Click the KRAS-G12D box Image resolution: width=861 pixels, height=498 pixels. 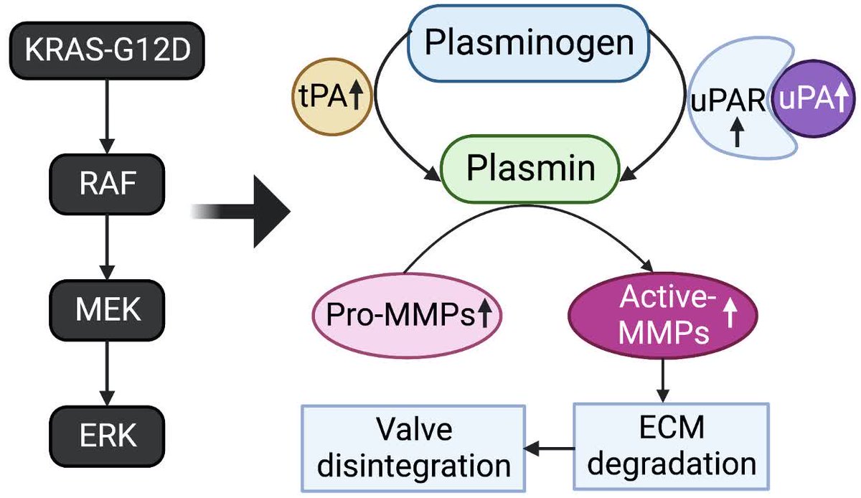[107, 50]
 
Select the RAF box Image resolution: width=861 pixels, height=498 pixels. [107, 184]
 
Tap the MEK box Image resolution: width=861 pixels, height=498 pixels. [107, 310]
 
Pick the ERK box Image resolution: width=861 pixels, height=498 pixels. [107, 436]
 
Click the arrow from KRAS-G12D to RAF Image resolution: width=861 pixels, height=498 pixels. [107, 116]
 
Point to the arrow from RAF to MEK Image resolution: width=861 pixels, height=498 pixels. [107, 247]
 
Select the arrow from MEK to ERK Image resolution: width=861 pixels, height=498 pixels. [107, 373]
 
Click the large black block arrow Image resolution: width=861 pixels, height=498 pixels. [241, 212]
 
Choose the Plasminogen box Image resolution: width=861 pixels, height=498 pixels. [529, 43]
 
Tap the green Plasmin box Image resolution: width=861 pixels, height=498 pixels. [530, 169]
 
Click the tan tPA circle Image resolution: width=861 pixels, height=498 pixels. [332, 97]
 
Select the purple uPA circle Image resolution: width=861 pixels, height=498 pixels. [814, 98]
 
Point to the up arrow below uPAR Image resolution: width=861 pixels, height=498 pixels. [737, 132]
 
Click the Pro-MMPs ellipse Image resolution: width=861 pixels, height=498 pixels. [407, 315]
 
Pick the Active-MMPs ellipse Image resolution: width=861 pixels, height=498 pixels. [663, 315]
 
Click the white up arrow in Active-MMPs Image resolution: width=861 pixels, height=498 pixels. [730, 313]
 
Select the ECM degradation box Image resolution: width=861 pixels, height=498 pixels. [672, 446]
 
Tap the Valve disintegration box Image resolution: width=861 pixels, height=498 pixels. [413, 448]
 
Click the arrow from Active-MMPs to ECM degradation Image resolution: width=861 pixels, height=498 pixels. [663, 380]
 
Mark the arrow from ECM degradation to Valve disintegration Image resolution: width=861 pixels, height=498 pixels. [550, 448]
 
